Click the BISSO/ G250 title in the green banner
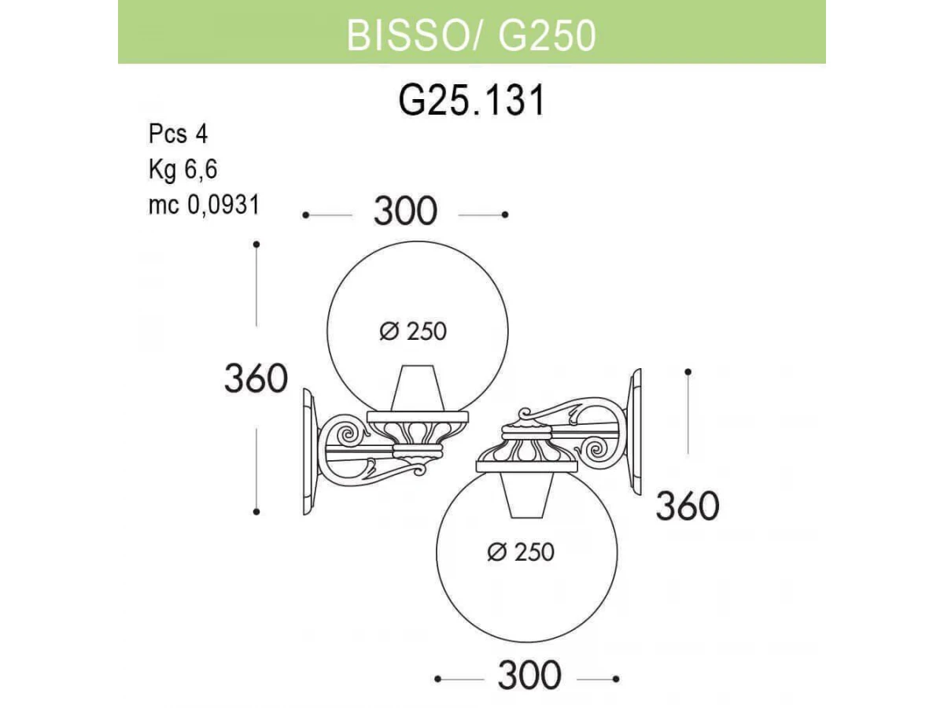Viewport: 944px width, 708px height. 471,35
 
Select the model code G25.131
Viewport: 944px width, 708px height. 472,101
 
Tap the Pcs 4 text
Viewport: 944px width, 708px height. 178,134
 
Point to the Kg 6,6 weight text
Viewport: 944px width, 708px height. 183,169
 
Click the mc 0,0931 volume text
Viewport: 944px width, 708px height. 205,205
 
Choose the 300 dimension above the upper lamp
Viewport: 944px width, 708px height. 405,211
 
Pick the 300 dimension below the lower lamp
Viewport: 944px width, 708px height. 529,675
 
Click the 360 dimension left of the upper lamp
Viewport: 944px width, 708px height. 256,378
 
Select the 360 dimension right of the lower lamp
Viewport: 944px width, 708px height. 688,507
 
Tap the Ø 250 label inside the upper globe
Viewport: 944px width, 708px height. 413,331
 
